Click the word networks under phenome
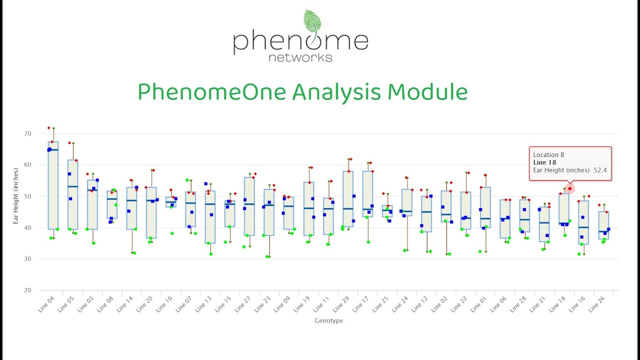(x=300, y=57)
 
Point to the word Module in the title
(x=427, y=92)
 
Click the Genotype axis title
(x=328, y=320)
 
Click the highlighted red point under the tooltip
(x=569, y=188)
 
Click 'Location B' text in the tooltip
(x=548, y=155)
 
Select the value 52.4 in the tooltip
(x=598, y=170)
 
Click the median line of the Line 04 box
(x=53, y=150)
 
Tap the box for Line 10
(x=170, y=202)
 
